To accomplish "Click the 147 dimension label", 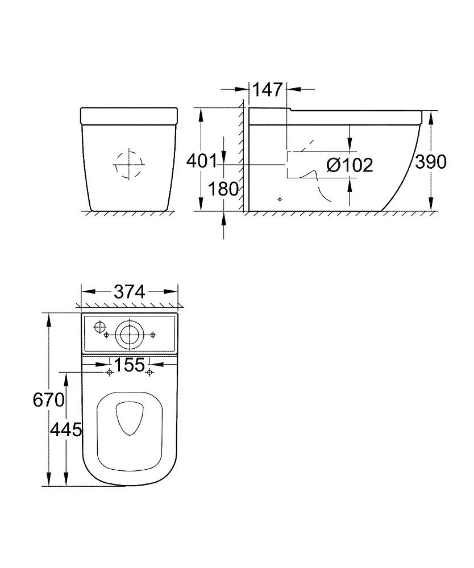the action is tap(267, 90).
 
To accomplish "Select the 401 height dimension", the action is tap(202, 161).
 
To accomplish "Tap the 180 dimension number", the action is tap(223, 189).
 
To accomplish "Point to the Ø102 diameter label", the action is tap(350, 165).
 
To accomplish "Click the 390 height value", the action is tap(430, 162).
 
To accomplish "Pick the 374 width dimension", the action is tap(130, 291).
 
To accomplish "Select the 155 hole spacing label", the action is tap(130, 365).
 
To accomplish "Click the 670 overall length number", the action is tap(48, 400).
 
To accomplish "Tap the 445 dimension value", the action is tap(66, 430).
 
